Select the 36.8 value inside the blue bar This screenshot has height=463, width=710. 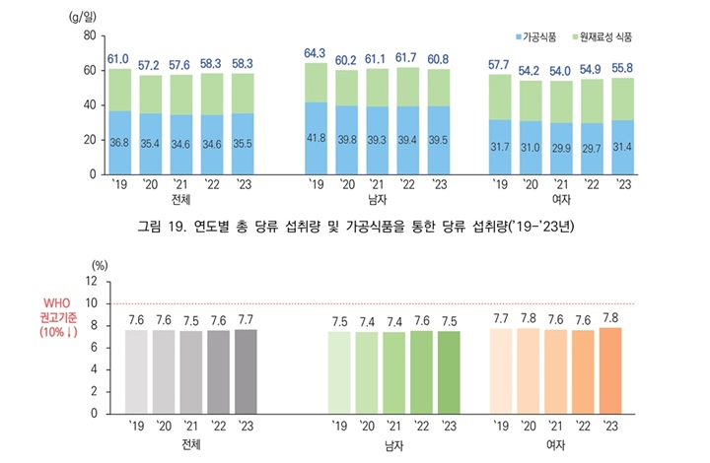click(x=119, y=143)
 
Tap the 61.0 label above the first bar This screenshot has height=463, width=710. click(x=119, y=59)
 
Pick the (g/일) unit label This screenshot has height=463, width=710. click(x=84, y=17)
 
